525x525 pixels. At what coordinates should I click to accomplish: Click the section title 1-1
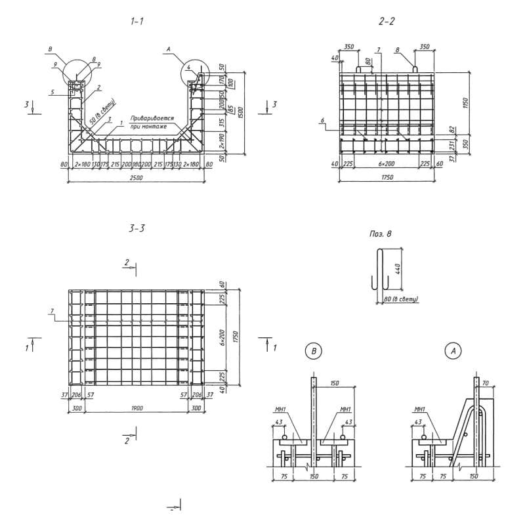click(137, 21)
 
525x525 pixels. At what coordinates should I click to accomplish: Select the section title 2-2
click(387, 21)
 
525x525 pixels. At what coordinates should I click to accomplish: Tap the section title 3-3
click(137, 228)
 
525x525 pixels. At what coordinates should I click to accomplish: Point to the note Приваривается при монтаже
click(149, 123)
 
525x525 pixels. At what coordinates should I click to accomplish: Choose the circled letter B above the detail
click(314, 351)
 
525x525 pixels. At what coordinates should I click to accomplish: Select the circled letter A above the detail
click(451, 351)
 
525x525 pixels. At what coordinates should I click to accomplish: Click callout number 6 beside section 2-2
click(324, 120)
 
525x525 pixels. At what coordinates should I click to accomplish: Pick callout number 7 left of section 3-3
click(51, 310)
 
